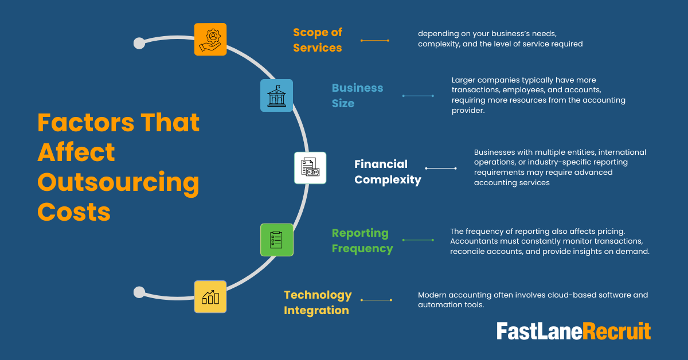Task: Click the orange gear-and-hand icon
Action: (x=210, y=39)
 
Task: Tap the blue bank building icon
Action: (x=276, y=95)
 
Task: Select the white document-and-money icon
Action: (x=310, y=168)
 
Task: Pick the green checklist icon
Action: (x=276, y=240)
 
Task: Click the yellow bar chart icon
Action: (x=210, y=296)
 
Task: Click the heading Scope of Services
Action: (x=318, y=40)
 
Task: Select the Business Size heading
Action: (x=357, y=96)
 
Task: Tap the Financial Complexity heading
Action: (x=388, y=172)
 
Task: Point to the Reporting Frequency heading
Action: (x=362, y=241)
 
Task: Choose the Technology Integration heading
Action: (x=318, y=303)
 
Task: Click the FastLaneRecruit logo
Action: (x=573, y=332)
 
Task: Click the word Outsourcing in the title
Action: (x=119, y=183)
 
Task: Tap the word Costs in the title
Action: (x=74, y=213)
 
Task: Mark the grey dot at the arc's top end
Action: (x=139, y=43)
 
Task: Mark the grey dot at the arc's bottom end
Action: (x=139, y=292)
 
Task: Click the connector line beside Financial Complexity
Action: (x=440, y=169)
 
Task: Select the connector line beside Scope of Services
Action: (x=375, y=41)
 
